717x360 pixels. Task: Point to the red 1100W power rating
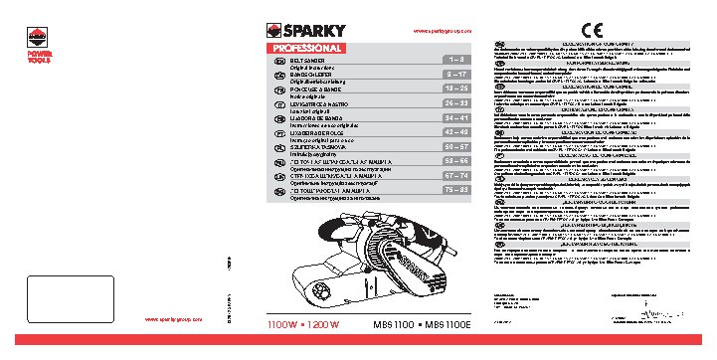286,324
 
